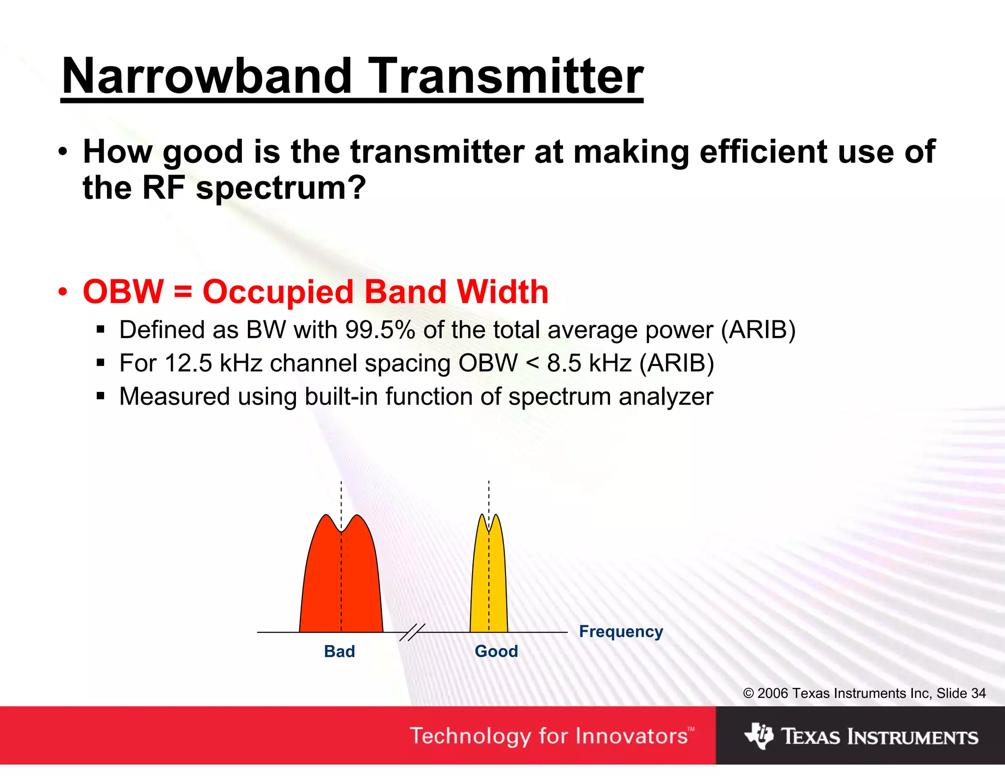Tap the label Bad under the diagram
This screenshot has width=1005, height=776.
pyautogui.click(x=339, y=651)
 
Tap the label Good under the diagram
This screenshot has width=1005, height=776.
pyautogui.click(x=496, y=651)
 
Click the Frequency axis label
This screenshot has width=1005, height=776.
pyautogui.click(x=621, y=631)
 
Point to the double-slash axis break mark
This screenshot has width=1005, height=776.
pyautogui.click(x=412, y=633)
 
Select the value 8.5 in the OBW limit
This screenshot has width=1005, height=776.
pyautogui.click(x=564, y=363)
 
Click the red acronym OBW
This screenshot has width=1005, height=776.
pyautogui.click(x=123, y=292)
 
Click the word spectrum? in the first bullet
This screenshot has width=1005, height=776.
pyautogui.click(x=281, y=188)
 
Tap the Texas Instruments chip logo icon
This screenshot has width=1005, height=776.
pyautogui.click(x=759, y=735)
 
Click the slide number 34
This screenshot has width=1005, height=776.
pyautogui.click(x=978, y=693)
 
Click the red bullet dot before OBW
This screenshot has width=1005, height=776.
pyautogui.click(x=62, y=292)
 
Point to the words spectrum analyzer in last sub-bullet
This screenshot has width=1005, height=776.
pyautogui.click(x=610, y=396)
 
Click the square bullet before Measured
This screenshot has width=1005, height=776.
pyautogui.click(x=101, y=396)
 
